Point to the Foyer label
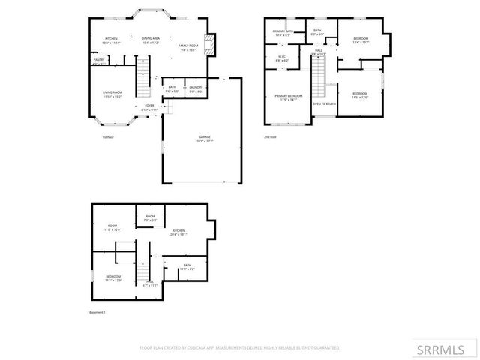coord(149,107)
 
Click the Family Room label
coord(187,47)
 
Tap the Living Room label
coord(112,94)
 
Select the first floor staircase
coord(142,77)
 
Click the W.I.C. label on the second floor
coord(282,58)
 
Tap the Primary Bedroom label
coord(288,97)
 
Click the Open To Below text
coord(324,103)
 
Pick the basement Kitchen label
coord(178,232)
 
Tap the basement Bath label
coord(187,266)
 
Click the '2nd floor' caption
coord(270,137)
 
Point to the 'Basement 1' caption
coord(97,312)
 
